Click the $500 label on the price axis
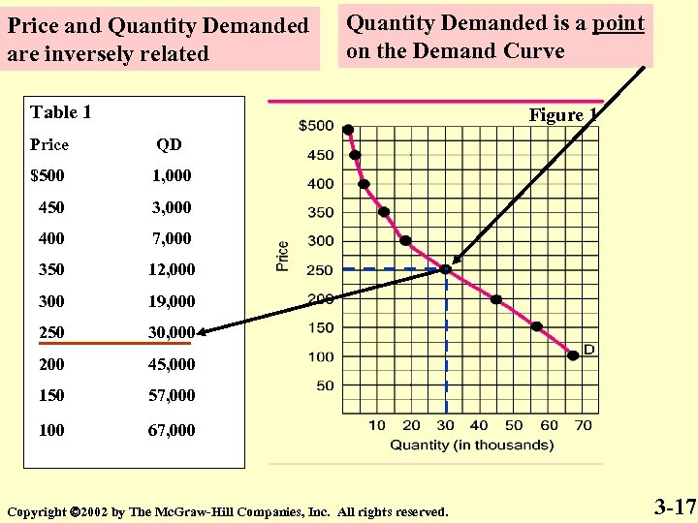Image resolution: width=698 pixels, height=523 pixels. [315, 126]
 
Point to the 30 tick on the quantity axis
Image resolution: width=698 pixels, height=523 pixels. [445, 425]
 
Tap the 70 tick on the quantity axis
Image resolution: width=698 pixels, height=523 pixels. [583, 425]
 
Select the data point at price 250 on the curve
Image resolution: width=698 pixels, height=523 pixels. [445, 268]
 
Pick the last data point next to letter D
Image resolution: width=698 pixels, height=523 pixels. [573, 355]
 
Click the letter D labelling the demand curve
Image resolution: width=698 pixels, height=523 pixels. [588, 349]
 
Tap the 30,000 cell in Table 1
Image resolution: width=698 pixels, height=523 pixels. [171, 332]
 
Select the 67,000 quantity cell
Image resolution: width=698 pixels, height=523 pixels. [171, 429]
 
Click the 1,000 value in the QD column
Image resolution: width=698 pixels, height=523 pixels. [171, 176]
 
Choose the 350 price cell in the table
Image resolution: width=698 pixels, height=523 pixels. [51, 269]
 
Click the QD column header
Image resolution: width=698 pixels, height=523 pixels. [169, 145]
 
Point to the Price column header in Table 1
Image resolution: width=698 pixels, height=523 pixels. [49, 145]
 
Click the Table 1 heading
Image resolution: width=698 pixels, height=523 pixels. [61, 112]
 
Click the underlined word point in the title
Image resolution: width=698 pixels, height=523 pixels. [619, 23]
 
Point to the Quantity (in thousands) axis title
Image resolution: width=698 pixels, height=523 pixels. [471, 446]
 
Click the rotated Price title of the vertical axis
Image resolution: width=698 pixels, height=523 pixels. [283, 256]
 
